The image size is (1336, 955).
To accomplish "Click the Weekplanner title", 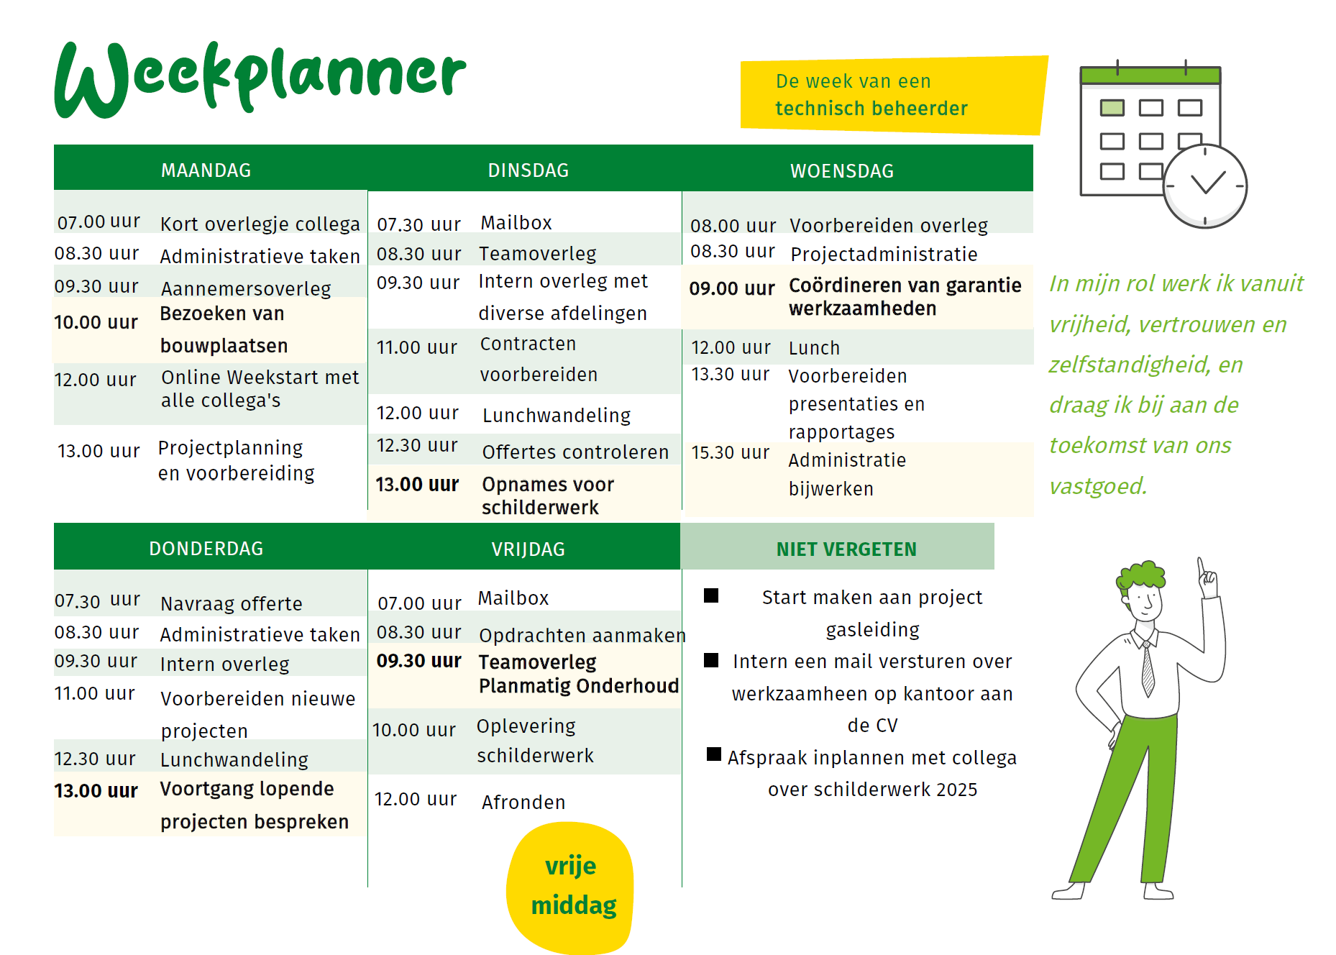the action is click(260, 78).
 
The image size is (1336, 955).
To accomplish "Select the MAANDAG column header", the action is click(206, 170).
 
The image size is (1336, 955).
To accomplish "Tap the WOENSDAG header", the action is click(842, 171).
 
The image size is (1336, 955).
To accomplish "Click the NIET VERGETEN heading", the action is click(846, 549).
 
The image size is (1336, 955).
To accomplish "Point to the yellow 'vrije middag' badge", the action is click(570, 887).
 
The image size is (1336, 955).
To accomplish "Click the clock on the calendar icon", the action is click(1205, 186).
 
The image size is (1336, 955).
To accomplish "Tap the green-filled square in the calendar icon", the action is click(1112, 108).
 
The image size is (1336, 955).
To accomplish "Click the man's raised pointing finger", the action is click(1201, 567).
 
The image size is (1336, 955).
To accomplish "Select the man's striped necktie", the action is click(1148, 669).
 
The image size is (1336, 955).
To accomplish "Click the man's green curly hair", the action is click(1140, 575).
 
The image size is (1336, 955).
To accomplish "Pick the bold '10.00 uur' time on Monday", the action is click(96, 322).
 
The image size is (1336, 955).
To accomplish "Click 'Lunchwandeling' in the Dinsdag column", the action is click(557, 416).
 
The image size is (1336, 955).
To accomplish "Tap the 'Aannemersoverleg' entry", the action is click(246, 289).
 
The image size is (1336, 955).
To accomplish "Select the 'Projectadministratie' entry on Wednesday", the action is click(884, 255).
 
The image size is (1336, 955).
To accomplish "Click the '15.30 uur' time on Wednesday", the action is click(730, 452).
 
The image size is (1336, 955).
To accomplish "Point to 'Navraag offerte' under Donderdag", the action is click(232, 603).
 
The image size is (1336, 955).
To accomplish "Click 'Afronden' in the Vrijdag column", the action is click(523, 803).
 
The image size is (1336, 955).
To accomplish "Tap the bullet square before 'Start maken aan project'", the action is click(711, 595).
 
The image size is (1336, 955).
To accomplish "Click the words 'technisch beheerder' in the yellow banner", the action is click(871, 109).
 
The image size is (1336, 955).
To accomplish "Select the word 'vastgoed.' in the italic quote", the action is click(1098, 487).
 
